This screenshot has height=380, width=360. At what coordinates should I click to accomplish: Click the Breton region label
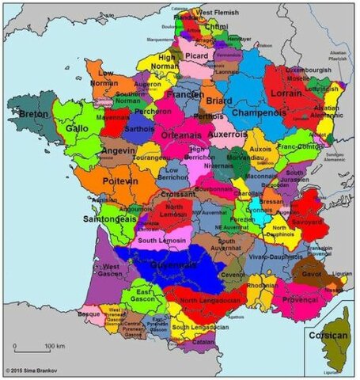[x=34, y=114]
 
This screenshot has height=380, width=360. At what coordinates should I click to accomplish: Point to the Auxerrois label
[x=228, y=134]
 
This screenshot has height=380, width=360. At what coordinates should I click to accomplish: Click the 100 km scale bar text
[x=55, y=347]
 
